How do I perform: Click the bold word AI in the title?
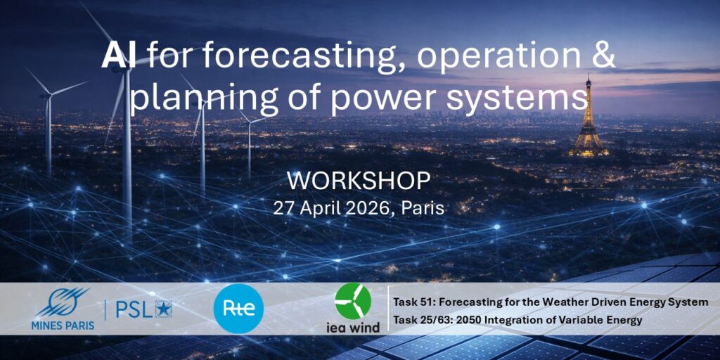coord(118,58)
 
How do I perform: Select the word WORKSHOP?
coord(359,182)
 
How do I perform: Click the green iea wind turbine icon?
coord(353,301)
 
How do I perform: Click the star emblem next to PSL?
coord(163,309)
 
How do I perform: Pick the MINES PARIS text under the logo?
coord(65,326)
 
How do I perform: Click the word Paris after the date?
coord(423,208)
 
